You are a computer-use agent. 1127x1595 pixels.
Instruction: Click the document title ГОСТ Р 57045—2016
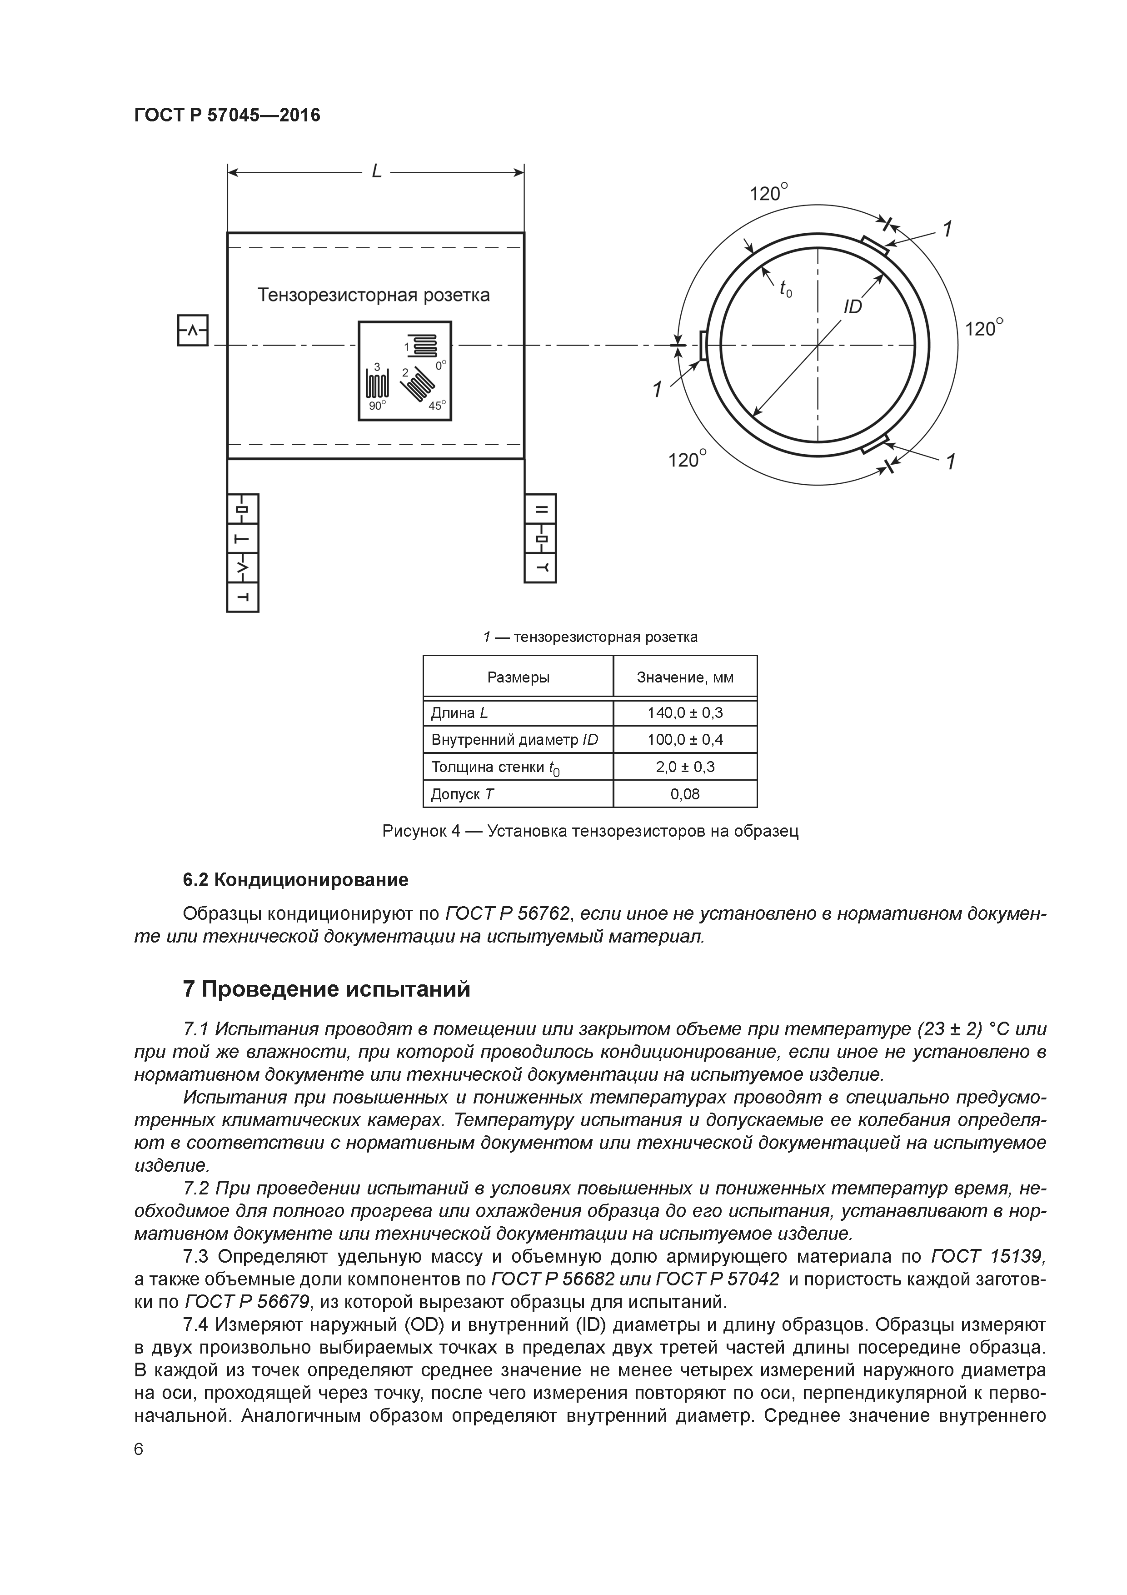click(227, 115)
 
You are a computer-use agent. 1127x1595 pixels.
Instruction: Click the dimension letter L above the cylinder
click(376, 171)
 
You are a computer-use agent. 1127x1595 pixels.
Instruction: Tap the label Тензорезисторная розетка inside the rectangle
click(374, 295)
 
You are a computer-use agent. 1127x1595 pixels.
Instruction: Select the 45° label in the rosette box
click(436, 406)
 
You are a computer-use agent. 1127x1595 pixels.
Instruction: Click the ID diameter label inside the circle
click(852, 306)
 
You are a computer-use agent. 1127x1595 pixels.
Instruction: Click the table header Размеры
click(518, 677)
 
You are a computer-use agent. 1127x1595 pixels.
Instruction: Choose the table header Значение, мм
click(685, 677)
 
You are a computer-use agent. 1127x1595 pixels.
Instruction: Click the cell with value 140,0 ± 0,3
click(685, 713)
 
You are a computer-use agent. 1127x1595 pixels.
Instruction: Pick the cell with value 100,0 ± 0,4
click(685, 740)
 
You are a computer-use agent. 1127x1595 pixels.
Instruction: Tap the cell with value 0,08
click(685, 794)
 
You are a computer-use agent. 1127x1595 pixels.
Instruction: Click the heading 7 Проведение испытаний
click(326, 989)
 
